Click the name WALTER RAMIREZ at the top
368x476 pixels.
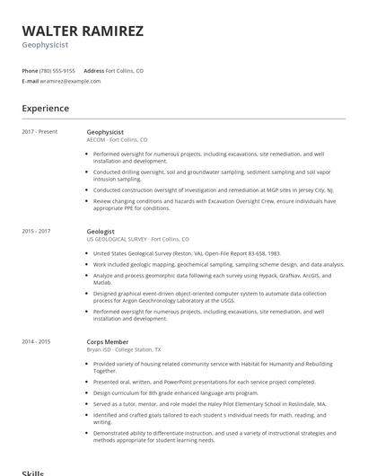click(x=83, y=31)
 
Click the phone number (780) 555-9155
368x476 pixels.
click(x=57, y=70)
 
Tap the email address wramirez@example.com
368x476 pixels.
click(x=70, y=81)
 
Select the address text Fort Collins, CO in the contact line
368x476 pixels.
click(x=125, y=70)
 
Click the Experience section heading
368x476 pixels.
click(x=46, y=109)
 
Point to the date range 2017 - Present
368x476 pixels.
click(x=39, y=132)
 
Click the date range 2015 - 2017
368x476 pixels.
click(x=37, y=231)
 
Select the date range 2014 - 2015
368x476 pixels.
click(x=37, y=341)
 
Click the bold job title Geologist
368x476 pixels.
click(x=101, y=231)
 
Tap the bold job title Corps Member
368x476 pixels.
click(x=108, y=341)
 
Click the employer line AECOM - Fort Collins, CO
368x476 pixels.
click(x=117, y=140)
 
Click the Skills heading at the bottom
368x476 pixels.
click(x=32, y=472)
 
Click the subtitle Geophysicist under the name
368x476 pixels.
click(x=44, y=43)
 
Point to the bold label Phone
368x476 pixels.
click(x=30, y=70)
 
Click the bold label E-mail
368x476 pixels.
click(x=31, y=81)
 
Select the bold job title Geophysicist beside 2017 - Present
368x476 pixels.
click(x=105, y=132)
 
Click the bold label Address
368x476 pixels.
click(x=93, y=70)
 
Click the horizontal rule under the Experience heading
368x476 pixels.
click(x=184, y=119)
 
